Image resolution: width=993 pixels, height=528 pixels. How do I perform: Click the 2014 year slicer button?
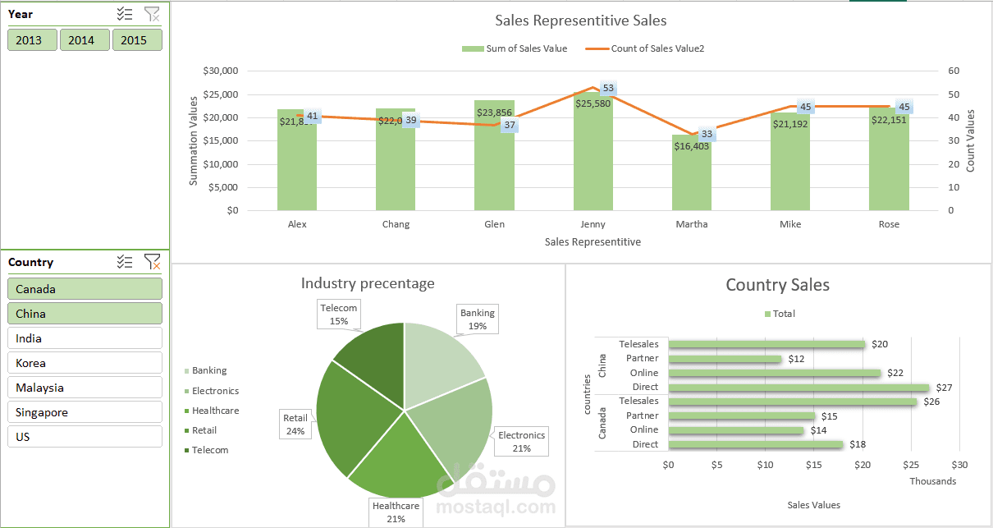point(81,40)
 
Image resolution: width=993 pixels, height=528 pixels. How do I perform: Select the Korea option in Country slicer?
point(85,363)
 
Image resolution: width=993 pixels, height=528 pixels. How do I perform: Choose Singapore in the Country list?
point(85,412)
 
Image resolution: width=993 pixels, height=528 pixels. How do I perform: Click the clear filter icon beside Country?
point(152,262)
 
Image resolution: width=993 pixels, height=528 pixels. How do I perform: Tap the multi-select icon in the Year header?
point(125,14)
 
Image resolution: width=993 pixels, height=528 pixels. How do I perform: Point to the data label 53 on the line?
point(608,89)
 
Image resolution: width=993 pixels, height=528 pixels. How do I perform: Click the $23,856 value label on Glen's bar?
point(494,113)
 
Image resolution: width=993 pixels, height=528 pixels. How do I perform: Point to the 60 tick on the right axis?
point(953,71)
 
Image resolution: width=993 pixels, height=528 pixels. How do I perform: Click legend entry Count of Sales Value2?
point(646,48)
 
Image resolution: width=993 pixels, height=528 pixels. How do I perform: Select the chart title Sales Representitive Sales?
point(580,21)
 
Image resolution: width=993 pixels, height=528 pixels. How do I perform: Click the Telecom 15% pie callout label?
point(339,315)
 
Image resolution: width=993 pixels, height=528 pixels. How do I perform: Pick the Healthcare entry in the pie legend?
point(215,411)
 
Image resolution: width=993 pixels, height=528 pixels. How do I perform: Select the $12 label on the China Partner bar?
point(795,359)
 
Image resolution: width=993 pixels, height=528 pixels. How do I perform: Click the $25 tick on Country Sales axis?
point(911,465)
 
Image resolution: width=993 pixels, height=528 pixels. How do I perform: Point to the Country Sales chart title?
point(777,285)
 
